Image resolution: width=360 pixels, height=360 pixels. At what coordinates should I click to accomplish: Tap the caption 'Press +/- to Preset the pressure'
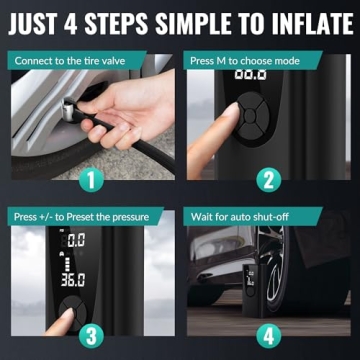[x=77, y=215]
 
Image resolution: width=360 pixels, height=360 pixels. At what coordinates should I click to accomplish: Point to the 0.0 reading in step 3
[x=76, y=241]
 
